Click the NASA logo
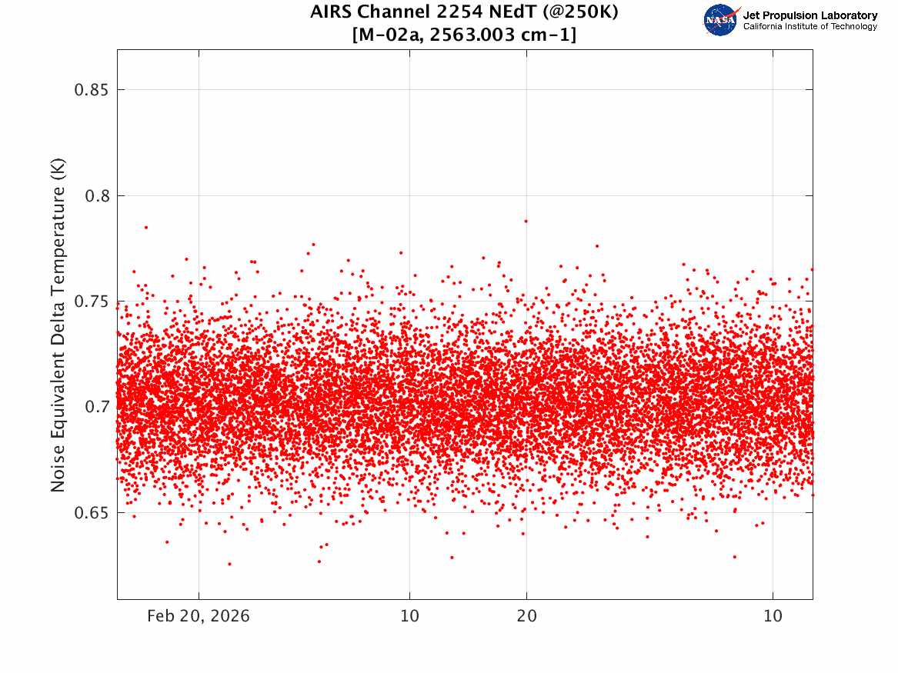coord(720,20)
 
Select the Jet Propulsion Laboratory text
coord(810,15)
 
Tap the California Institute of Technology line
coord(810,26)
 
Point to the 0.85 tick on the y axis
coord(91,90)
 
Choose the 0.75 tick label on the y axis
coord(91,302)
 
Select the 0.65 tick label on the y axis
coord(91,513)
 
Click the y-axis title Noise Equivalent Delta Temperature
coord(58,325)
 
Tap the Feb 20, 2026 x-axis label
coord(199,616)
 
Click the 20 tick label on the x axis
coord(527,616)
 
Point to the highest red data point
coord(526,220)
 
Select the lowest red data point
coord(229,564)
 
